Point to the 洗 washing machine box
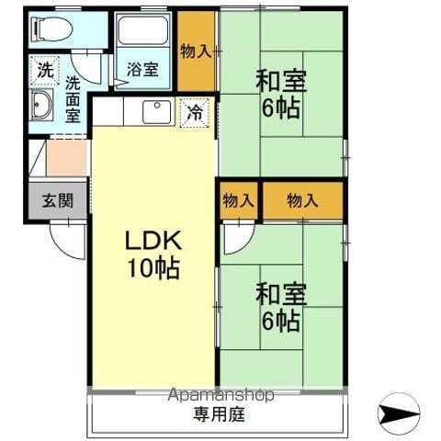coord(44,68)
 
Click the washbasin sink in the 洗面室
coord(42,107)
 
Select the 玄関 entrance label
coord(57,199)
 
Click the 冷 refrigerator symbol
coord(195,113)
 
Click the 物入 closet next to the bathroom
coord(197,51)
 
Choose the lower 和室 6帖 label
coord(278,307)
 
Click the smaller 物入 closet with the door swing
coord(239,200)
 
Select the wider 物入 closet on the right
coord(302,200)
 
